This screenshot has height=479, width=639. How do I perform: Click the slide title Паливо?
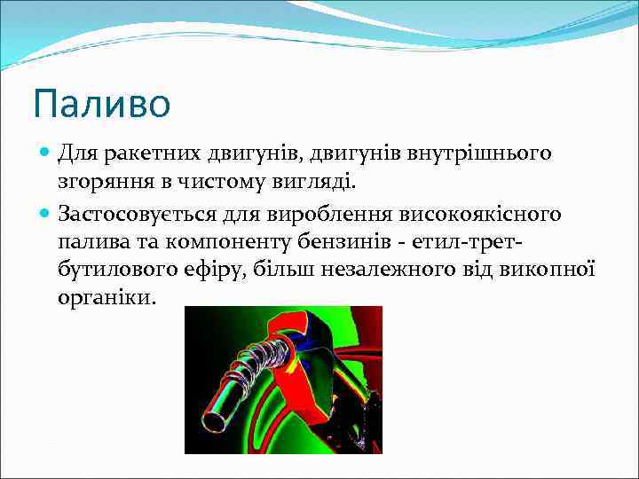(x=101, y=103)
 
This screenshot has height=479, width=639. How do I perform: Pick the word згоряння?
(x=97, y=184)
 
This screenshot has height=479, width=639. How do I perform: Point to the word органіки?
(x=106, y=297)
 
